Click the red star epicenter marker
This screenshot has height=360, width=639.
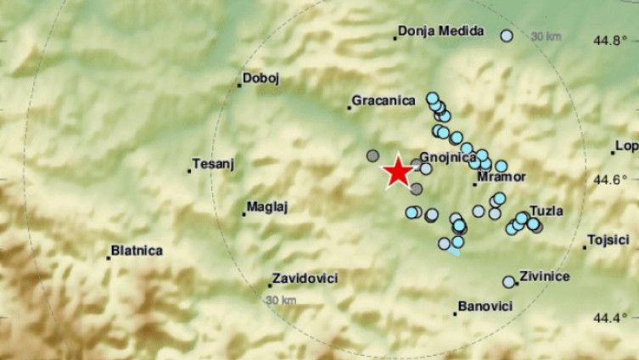396,173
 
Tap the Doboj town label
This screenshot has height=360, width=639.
261,79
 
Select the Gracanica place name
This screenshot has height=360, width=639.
384,101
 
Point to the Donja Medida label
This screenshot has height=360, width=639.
441,31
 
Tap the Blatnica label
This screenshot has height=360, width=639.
137,251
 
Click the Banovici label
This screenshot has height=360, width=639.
484,306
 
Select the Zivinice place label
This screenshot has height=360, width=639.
544,276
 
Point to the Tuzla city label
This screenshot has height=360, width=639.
546,211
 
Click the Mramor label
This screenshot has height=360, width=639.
497,177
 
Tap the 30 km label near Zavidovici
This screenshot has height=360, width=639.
281,301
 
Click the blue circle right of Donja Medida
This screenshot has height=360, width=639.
507,36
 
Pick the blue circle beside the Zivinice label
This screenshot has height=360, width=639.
508,282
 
